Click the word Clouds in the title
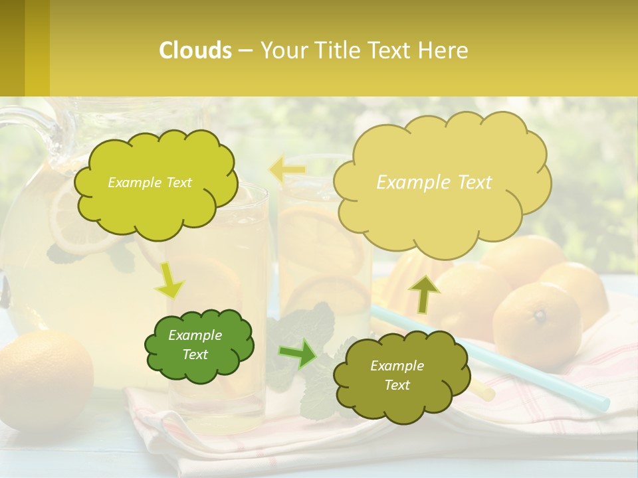point(195,50)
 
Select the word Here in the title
point(443,50)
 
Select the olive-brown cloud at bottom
point(399,398)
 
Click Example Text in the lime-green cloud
point(150,183)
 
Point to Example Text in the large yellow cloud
point(434,183)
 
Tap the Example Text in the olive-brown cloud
point(397,375)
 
